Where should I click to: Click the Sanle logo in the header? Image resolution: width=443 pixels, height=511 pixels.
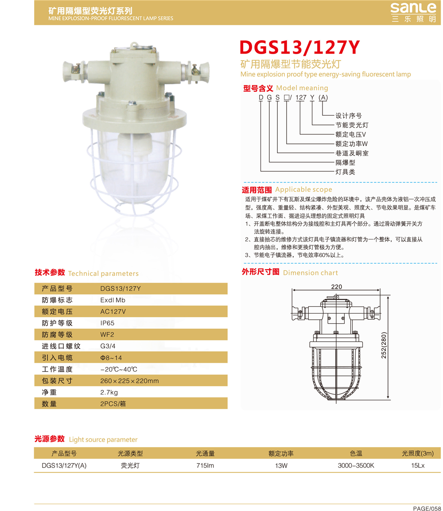(413, 12)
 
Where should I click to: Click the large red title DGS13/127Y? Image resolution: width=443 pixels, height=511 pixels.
(299, 47)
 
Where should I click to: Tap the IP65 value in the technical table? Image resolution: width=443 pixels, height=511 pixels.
(107, 323)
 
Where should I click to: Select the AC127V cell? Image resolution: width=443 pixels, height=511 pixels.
(113, 312)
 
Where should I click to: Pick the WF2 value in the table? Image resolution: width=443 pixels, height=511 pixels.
(107, 335)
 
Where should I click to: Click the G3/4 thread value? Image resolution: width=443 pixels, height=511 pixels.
(108, 346)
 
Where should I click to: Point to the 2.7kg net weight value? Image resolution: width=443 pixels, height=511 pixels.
(109, 392)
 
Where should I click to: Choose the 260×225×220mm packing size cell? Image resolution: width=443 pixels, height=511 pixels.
(129, 381)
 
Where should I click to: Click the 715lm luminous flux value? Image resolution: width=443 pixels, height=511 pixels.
(205, 465)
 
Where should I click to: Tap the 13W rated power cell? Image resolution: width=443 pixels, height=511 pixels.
(281, 465)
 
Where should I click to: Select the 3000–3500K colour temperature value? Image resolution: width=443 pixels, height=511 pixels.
(356, 465)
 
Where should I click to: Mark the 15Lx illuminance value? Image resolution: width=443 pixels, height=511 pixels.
(418, 465)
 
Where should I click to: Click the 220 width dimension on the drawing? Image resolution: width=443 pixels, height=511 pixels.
(336, 287)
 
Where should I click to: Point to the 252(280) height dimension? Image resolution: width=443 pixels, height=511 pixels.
(384, 345)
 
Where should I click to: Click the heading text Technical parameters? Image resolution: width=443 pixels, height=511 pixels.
(103, 273)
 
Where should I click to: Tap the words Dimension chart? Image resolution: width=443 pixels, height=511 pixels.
(311, 273)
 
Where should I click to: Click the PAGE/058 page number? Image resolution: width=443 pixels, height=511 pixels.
(427, 508)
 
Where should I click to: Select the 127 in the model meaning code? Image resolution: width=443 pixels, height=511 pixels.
(301, 97)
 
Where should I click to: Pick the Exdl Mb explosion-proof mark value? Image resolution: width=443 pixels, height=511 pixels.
(113, 300)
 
